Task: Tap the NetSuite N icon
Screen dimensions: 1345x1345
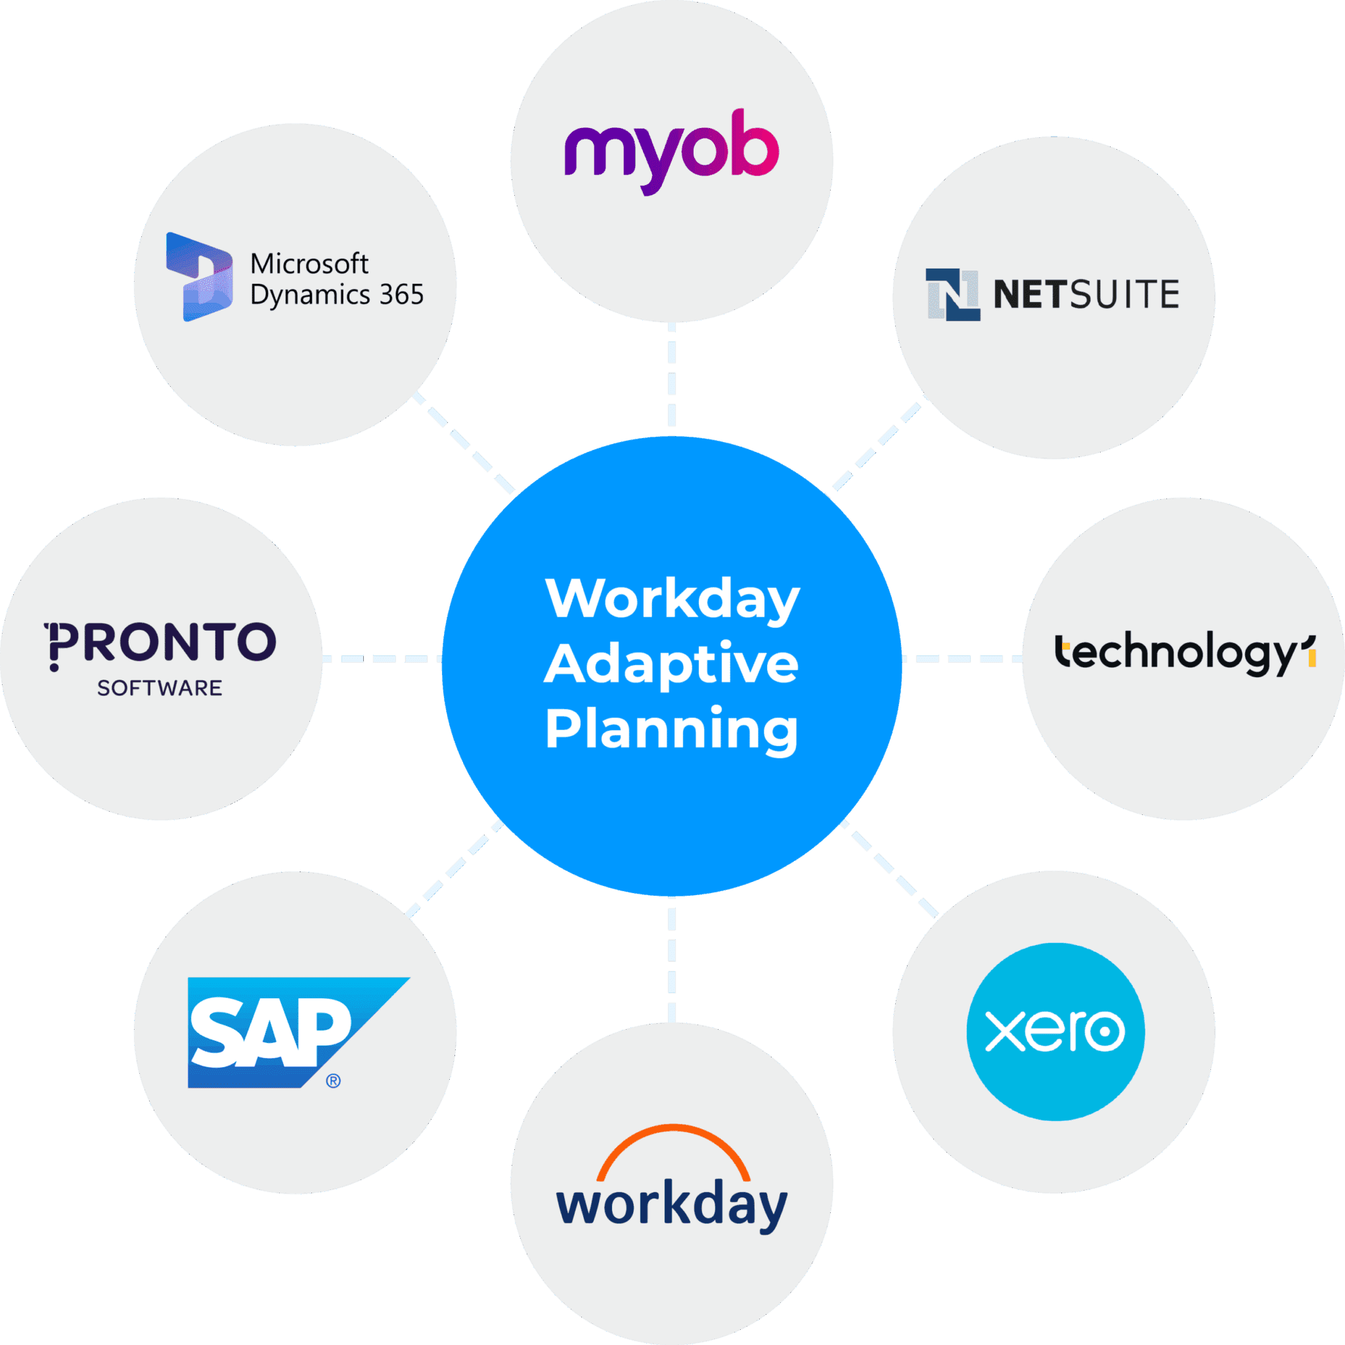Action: point(952,294)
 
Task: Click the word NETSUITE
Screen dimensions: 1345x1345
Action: point(1086,294)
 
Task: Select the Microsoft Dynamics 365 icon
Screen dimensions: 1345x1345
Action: point(198,277)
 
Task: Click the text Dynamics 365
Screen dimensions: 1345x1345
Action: point(337,295)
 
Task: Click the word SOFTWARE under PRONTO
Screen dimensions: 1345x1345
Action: point(160,688)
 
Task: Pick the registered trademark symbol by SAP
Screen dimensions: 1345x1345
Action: point(334,1080)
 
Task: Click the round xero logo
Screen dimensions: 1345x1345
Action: point(1055,1032)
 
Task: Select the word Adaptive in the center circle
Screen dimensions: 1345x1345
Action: point(671,664)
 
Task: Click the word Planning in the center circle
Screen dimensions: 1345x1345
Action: point(671,730)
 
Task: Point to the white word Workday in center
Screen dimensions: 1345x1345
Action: point(672,598)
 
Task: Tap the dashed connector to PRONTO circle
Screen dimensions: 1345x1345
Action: point(382,659)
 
